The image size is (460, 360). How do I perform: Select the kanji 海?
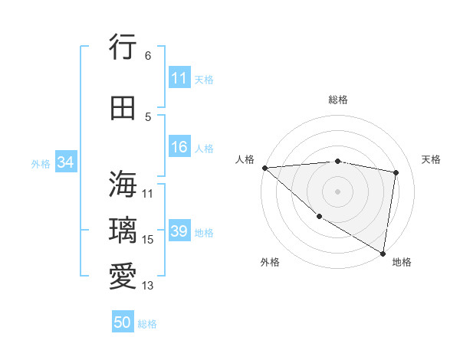tap(123, 184)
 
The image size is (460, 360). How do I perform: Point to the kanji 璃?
tap(123, 230)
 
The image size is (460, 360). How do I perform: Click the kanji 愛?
tap(123, 276)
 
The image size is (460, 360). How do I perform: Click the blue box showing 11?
tap(179, 78)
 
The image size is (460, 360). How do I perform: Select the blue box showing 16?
tap(179, 148)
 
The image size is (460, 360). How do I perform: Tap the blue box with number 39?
tap(179, 231)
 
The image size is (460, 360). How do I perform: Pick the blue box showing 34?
tap(66, 162)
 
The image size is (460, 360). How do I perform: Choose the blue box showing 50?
tap(123, 322)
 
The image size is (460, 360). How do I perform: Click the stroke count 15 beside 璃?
tap(148, 240)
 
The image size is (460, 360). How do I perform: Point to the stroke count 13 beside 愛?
tap(148, 286)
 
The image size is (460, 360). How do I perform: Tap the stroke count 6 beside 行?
tap(147, 56)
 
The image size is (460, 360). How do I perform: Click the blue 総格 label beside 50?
tap(147, 323)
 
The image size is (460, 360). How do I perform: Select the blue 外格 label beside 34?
tap(41, 163)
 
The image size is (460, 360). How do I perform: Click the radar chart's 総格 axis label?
tap(338, 100)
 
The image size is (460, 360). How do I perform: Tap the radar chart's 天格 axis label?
tap(431, 159)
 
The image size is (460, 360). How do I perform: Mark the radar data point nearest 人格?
tap(264, 167)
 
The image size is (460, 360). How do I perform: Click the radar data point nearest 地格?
tap(383, 253)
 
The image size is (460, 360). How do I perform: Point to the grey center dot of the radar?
tap(338, 191)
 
